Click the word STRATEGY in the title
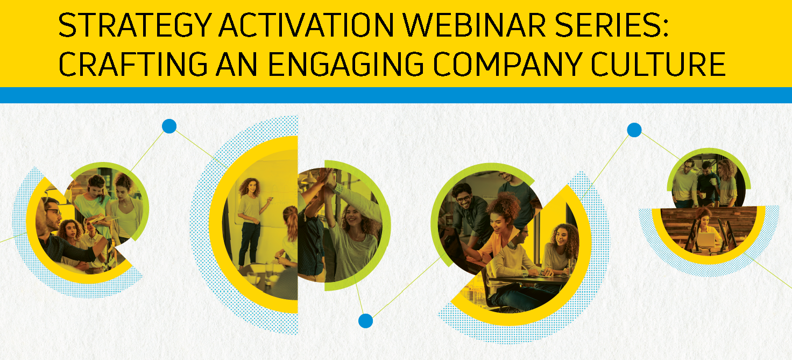tap(135, 25)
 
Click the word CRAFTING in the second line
tap(133, 64)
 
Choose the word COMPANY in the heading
tap(508, 64)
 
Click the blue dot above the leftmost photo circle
tap(169, 126)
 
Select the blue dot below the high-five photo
tap(365, 321)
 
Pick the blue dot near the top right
tap(634, 130)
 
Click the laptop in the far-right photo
tap(705, 240)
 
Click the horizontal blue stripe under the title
tap(396, 95)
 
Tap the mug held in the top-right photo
tap(713, 181)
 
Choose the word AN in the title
tap(237, 64)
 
